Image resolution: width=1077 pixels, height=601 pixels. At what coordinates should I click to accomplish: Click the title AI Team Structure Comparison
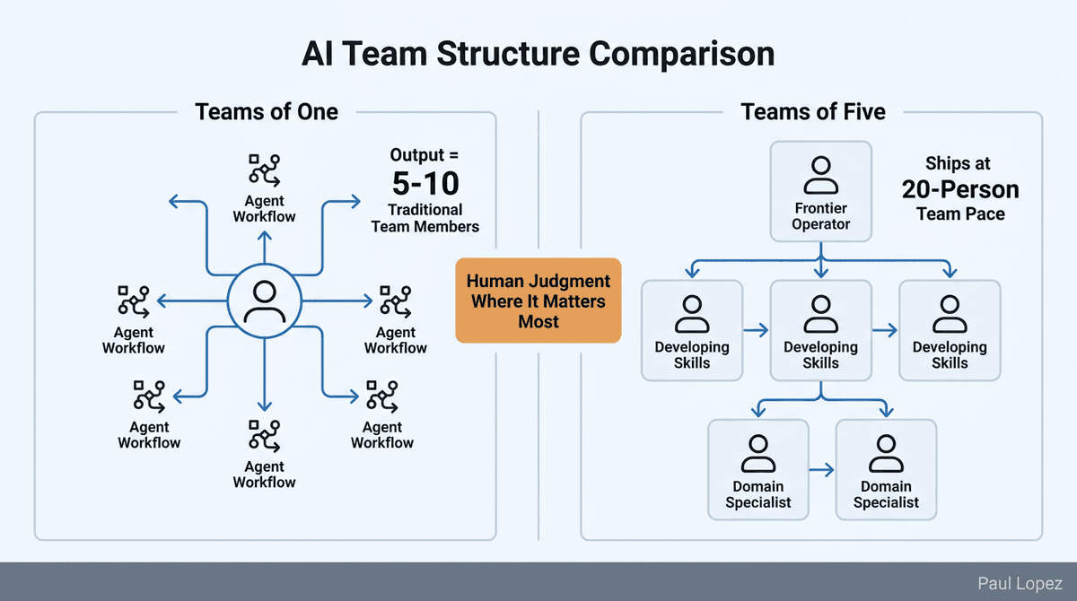tap(538, 54)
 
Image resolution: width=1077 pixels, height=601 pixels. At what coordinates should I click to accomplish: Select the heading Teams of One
tap(267, 111)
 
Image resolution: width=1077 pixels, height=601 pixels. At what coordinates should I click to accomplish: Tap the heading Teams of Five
tap(812, 111)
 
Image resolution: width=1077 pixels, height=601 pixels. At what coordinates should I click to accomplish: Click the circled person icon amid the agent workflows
tap(264, 302)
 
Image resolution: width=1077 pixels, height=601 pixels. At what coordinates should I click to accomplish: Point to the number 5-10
tap(425, 184)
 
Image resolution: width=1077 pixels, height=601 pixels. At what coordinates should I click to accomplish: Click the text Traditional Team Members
tap(425, 218)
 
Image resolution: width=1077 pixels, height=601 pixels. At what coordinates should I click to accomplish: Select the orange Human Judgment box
tap(538, 300)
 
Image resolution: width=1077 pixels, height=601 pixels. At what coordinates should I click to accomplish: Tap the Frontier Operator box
tap(820, 191)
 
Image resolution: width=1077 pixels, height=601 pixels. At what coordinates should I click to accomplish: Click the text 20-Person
tap(960, 190)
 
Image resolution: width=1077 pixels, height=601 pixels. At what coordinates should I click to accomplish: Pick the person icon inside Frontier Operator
tap(820, 175)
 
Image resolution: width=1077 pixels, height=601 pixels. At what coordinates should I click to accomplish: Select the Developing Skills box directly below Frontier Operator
tap(820, 329)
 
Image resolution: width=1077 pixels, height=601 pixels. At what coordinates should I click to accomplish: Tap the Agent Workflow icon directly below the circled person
tap(264, 435)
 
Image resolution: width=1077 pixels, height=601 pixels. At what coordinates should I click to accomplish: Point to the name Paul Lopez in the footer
tap(1020, 582)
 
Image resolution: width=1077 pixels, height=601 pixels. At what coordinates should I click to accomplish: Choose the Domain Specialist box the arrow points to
tap(886, 468)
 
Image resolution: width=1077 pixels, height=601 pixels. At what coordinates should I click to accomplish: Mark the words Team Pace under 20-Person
tap(960, 214)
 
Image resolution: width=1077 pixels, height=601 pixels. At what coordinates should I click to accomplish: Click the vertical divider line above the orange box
tap(538, 179)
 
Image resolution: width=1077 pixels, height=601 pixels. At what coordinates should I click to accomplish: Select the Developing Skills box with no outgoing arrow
tap(950, 329)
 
